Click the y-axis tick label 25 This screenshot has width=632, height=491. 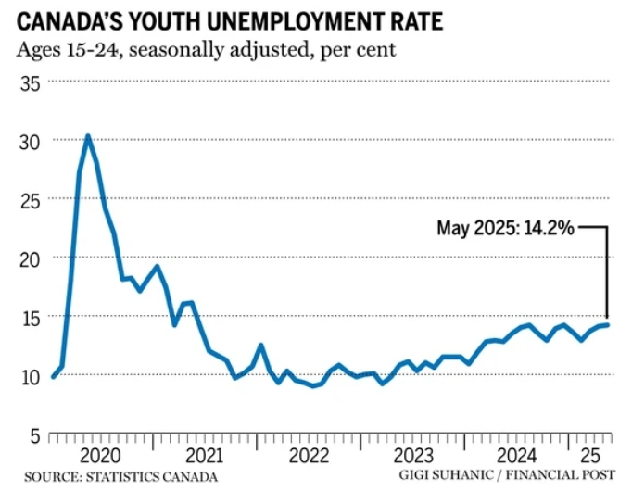[30, 199]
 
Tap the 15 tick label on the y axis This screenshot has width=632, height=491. [30, 317]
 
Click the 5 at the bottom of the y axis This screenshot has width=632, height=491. [34, 434]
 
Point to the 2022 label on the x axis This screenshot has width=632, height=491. [307, 455]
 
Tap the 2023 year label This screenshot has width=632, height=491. [411, 455]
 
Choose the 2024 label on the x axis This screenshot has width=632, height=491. [516, 455]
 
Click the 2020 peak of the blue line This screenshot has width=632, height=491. [87, 136]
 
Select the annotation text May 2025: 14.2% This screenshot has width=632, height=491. [506, 227]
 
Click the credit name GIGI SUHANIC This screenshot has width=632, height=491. [446, 476]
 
